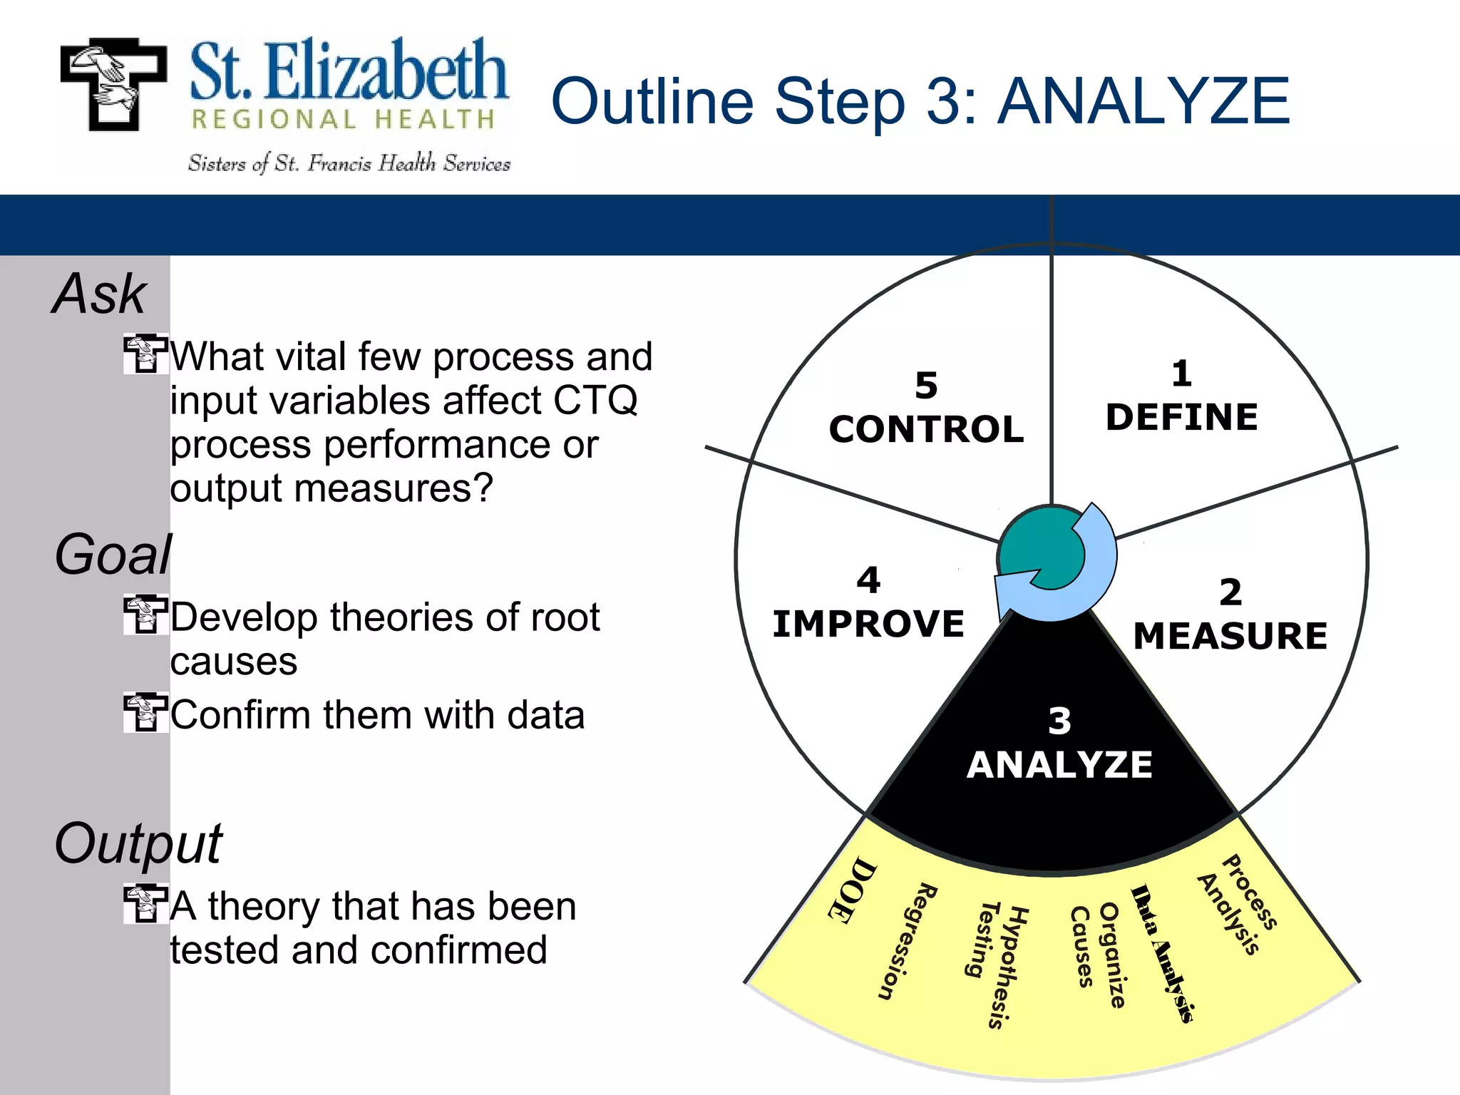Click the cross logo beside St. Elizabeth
[113, 84]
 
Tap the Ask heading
[100, 294]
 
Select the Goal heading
[113, 555]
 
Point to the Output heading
[138, 843]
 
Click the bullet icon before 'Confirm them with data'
[145, 712]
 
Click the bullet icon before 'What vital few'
[145, 354]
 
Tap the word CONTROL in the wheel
[926, 429]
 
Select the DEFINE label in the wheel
[1181, 417]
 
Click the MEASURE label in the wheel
[1230, 636]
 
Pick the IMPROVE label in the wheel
[868, 624]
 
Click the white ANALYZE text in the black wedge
[1059, 765]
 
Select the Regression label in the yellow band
[907, 941]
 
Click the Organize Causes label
[1098, 955]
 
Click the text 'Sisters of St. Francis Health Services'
[349, 163]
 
